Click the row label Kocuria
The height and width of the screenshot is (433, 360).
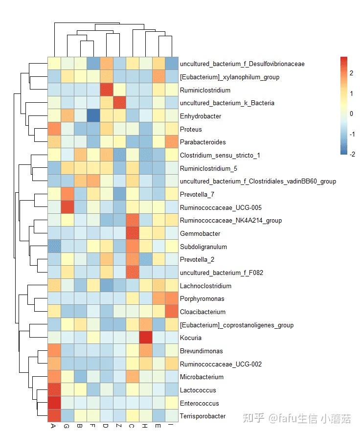click(x=190, y=338)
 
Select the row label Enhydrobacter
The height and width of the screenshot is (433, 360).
click(x=201, y=116)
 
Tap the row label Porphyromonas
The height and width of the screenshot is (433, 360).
click(x=202, y=299)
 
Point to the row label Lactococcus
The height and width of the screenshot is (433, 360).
click(x=198, y=390)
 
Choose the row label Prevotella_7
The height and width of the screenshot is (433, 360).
click(x=197, y=195)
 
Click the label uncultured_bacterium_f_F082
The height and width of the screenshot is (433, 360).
click(x=222, y=273)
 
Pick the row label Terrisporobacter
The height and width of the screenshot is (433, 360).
click(x=202, y=416)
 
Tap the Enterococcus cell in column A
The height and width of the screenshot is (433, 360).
click(x=54, y=403)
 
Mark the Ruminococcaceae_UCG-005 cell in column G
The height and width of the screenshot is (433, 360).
click(x=67, y=207)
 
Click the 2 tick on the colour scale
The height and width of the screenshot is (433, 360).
click(x=351, y=73)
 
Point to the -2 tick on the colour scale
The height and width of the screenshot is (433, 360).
click(x=352, y=154)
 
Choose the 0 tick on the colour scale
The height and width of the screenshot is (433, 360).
click(x=351, y=114)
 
